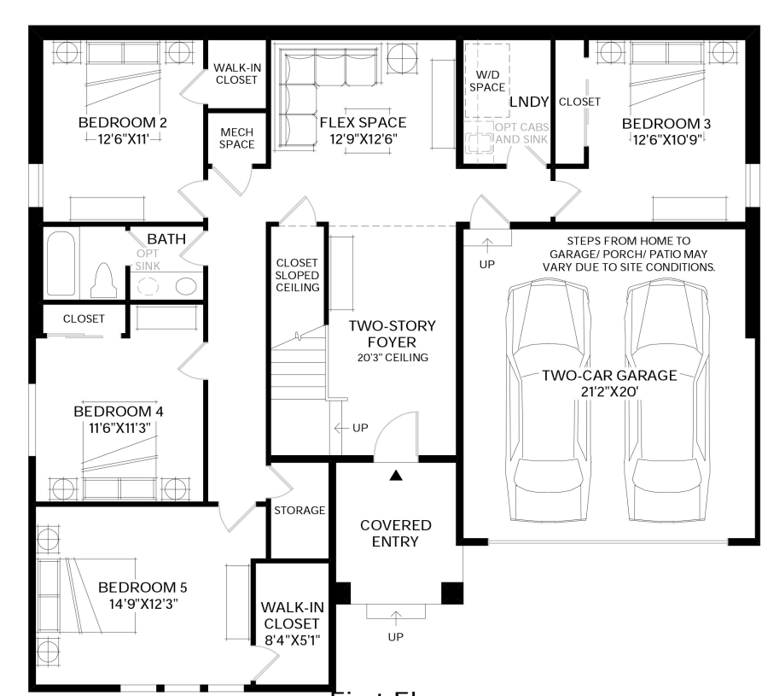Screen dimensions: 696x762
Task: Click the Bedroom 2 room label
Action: click(122, 122)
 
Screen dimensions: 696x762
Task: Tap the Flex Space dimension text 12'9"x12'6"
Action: click(362, 138)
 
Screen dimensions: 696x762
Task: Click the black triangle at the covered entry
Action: click(395, 475)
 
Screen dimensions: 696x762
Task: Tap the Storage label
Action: click(300, 511)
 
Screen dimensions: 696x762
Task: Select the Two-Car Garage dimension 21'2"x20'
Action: click(608, 391)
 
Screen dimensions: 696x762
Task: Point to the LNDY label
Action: click(528, 102)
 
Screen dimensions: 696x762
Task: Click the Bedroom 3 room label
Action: click(666, 124)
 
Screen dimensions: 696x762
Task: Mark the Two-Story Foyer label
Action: click(393, 334)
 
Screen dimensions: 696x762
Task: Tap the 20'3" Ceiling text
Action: click(393, 358)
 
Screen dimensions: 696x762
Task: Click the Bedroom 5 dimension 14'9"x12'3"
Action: click(143, 604)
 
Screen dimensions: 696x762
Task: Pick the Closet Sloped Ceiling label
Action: click(297, 275)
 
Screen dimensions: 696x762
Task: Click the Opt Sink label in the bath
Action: click(147, 260)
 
